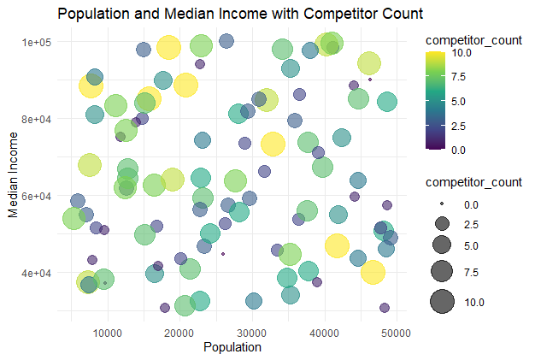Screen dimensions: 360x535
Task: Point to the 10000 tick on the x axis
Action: click(109, 332)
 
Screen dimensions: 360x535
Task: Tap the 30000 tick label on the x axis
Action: click(252, 332)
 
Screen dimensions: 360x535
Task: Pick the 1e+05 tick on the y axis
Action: click(38, 42)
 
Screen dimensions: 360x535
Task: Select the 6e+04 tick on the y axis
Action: click(38, 196)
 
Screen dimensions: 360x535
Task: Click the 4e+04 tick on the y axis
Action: click(38, 273)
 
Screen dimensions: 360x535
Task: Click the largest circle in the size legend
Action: click(442, 302)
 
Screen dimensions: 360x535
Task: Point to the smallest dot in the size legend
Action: click(442, 205)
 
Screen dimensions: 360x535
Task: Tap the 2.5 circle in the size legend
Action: click(442, 224)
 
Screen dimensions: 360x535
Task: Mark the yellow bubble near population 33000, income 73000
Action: click(273, 144)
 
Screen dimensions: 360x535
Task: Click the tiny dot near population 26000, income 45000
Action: click(223, 254)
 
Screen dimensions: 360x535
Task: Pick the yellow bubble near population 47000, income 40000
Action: click(373, 273)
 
